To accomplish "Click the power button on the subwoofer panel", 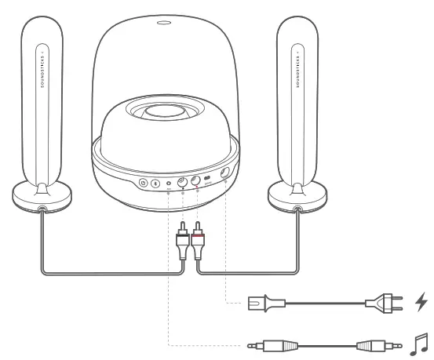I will click(x=144, y=184).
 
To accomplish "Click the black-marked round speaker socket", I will click(x=183, y=184).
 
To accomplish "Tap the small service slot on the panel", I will click(x=207, y=180).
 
